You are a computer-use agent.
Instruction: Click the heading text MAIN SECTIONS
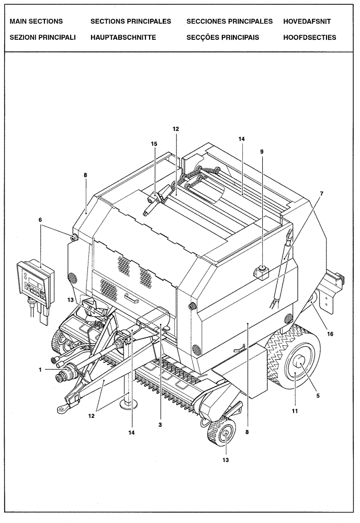(x=36, y=21)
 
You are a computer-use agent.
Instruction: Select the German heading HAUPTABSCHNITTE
(x=123, y=38)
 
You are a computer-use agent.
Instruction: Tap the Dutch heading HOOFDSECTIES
(x=309, y=38)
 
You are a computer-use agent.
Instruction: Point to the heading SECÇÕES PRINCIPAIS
(x=222, y=38)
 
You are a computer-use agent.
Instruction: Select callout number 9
(x=262, y=152)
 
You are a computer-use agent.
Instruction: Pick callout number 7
(x=322, y=193)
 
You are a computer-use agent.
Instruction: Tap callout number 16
(x=330, y=333)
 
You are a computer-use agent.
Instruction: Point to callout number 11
(x=295, y=412)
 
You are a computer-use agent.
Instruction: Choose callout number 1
(x=39, y=369)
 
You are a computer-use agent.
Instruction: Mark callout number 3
(x=160, y=425)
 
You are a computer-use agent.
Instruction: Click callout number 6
(x=40, y=221)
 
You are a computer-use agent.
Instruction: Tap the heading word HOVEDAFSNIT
(x=307, y=21)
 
